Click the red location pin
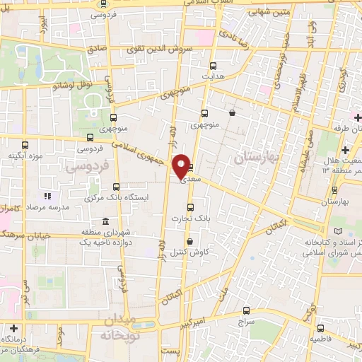pyautogui.click(x=182, y=165)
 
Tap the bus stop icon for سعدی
pyautogui.click(x=191, y=168)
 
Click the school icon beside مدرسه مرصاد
pyautogui.click(x=47, y=196)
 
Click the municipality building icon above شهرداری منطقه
pyautogui.click(x=105, y=221)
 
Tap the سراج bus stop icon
pyautogui.click(x=246, y=310)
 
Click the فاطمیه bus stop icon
pyautogui.click(x=320, y=328)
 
